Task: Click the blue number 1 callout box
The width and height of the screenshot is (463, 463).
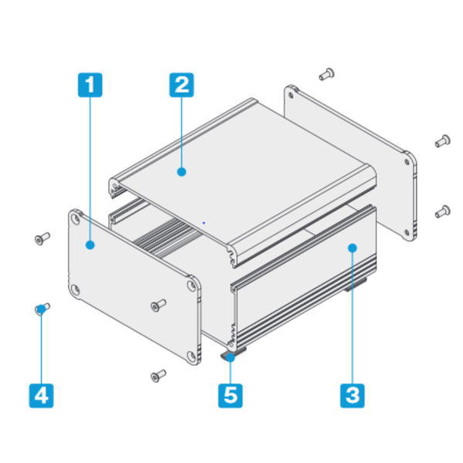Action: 90,85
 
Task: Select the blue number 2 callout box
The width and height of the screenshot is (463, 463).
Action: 181,85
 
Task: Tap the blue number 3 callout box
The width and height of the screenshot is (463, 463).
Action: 353,396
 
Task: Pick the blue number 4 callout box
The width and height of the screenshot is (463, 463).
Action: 42,396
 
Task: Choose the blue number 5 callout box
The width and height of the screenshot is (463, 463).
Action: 230,396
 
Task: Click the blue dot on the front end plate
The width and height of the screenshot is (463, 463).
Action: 90,245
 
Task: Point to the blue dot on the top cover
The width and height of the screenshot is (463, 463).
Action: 181,171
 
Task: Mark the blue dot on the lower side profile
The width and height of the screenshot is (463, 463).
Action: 353,248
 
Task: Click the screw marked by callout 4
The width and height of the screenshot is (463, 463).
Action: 42,309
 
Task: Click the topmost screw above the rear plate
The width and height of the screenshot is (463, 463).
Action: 326,74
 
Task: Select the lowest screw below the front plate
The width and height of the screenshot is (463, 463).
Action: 158,376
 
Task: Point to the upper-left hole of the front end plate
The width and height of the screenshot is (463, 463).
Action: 76,219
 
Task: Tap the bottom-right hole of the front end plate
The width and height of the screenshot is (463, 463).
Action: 191,357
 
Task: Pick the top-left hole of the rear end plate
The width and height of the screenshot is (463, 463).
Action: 291,96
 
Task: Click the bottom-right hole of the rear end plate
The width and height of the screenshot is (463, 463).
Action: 407,232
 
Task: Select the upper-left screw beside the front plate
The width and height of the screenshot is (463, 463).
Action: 42,238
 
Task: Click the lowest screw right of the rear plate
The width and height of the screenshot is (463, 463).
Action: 443,211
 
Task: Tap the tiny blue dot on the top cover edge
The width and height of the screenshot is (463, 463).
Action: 204,223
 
